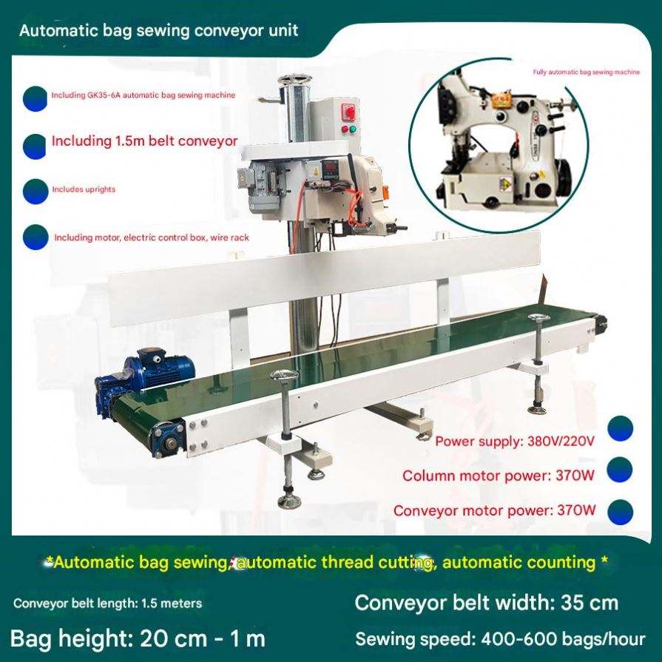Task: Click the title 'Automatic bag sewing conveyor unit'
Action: coord(158,30)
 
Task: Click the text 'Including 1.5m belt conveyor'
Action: coord(144,141)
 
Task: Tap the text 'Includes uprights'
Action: coord(83,189)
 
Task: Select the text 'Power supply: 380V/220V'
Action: coord(515,442)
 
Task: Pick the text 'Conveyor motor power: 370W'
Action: coord(494,510)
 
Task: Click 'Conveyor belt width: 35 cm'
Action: coord(486,603)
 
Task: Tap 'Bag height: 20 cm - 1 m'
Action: coord(138,638)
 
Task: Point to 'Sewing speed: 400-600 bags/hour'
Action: coord(500,638)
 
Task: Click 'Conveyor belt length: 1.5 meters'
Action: coord(107,604)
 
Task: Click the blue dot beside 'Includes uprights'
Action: coord(35,192)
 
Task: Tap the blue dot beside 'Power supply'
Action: coord(620,428)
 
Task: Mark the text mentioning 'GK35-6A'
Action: coord(143,95)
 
